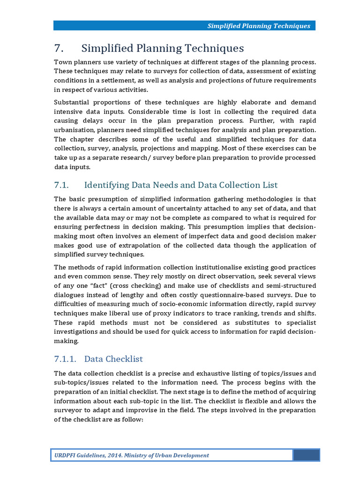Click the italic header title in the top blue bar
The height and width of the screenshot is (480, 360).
(259, 26)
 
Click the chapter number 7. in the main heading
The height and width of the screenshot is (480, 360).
(59, 48)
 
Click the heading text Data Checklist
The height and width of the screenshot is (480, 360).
(113, 359)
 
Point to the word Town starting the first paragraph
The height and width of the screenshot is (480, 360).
(63, 62)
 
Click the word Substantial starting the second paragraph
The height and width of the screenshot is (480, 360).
(72, 102)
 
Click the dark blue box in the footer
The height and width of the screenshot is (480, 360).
(306, 455)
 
